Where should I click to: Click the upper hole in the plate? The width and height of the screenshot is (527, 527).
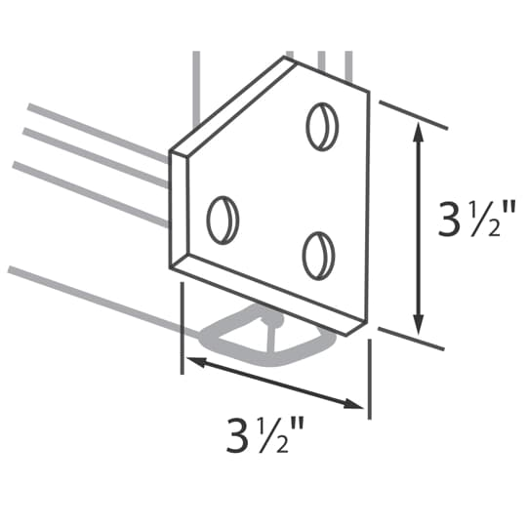pyautogui.click(x=321, y=126)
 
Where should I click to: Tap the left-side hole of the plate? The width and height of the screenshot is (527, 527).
pyautogui.click(x=223, y=219)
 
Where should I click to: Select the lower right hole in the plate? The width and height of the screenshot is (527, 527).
pyautogui.click(x=318, y=254)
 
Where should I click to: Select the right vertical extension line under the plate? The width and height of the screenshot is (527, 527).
pyautogui.click(x=369, y=381)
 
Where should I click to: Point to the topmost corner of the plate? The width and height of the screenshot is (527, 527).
pyautogui.click(x=286, y=58)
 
